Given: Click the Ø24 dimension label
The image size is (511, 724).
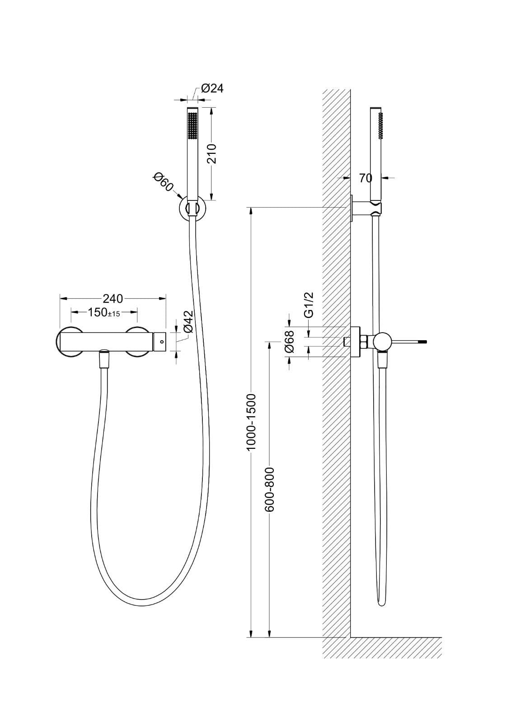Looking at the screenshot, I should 212,88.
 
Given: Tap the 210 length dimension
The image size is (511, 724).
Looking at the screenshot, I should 212,154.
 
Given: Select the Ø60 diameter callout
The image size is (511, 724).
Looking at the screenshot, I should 163,182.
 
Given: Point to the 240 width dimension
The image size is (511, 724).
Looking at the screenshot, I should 113,299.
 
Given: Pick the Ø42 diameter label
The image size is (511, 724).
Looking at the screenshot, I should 188,322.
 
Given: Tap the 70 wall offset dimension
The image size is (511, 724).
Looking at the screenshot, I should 365,178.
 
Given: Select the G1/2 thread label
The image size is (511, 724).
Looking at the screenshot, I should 309,304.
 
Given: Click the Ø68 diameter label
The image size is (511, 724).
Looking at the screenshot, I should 290,342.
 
